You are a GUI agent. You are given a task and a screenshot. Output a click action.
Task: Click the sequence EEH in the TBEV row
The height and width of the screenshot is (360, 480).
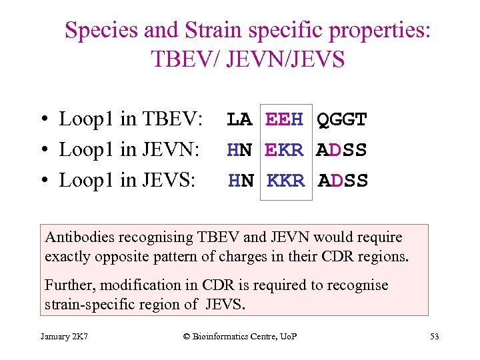tap(284, 120)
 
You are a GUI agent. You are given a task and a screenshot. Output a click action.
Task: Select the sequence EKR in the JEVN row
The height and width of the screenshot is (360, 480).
tap(284, 151)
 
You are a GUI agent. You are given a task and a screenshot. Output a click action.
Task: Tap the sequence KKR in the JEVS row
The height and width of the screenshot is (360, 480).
tap(285, 181)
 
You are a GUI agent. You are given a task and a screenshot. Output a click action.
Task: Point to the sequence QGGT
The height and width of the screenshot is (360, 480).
tap(341, 120)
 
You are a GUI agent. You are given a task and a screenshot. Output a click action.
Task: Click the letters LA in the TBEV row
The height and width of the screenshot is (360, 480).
tap(239, 120)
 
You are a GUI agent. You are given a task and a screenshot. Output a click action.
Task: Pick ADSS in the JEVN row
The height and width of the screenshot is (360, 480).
tap(341, 151)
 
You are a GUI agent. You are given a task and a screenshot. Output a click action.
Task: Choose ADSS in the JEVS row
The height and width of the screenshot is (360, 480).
tap(343, 181)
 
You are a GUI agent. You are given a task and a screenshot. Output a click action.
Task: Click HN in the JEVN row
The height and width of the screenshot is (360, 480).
tap(239, 151)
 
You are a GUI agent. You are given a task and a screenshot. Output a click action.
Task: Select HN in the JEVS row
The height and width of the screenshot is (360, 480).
tap(241, 181)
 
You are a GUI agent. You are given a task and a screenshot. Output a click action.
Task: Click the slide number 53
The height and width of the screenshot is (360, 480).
tap(434, 336)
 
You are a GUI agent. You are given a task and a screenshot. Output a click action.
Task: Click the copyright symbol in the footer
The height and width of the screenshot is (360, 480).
tap(187, 336)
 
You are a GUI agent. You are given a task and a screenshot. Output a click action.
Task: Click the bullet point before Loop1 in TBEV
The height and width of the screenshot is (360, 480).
tap(42, 121)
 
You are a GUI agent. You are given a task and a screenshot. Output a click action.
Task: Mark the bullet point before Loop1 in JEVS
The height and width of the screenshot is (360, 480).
tap(42, 181)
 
